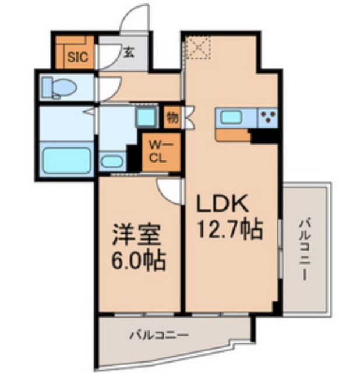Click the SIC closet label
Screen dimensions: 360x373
tap(77, 57)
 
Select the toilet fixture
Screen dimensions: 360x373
tap(59, 87)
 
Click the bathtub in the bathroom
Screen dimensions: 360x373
tap(67, 161)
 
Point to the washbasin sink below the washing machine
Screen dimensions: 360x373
tap(111, 161)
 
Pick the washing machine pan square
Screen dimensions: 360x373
tap(147, 117)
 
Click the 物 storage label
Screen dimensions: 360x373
tap(172, 118)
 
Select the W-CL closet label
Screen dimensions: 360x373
tap(158, 152)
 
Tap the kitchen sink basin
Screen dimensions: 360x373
tap(231, 117)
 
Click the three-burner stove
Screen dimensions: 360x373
tap(268, 118)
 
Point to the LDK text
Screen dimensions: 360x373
tap(223, 203)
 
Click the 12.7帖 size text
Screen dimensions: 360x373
tap(230, 229)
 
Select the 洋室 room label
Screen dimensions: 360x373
tap(136, 234)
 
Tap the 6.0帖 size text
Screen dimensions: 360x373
tap(139, 261)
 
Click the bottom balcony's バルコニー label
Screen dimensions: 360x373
tap(159, 336)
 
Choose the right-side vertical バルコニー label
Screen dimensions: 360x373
tap(304, 250)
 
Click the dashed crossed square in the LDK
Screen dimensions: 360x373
tap(198, 48)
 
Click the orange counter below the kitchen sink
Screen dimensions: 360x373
tap(233, 135)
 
